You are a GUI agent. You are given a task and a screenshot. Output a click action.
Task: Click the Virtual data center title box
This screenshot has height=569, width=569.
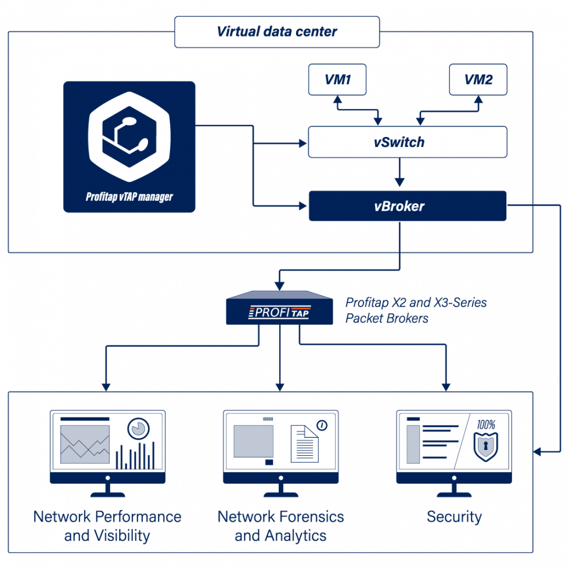tap(277, 31)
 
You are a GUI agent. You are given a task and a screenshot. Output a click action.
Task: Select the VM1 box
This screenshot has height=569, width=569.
tap(337, 80)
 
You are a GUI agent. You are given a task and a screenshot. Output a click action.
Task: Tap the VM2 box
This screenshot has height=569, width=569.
tap(478, 80)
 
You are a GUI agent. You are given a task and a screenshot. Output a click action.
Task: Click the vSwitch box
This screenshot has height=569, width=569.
tap(407, 142)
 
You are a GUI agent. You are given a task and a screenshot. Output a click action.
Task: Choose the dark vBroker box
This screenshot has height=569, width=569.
tap(407, 206)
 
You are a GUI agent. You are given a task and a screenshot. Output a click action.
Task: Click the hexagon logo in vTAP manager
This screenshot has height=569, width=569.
tap(129, 137)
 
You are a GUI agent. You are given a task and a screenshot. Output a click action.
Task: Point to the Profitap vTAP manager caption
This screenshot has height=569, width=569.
tap(129, 197)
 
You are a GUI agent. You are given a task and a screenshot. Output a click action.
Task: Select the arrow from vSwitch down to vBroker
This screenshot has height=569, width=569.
tap(399, 173)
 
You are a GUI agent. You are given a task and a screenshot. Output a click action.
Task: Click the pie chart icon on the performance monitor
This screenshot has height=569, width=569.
tap(138, 428)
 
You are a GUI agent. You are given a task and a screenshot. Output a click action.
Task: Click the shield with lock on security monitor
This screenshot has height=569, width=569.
tap(486, 446)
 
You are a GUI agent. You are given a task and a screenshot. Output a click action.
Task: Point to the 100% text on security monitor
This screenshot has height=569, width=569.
tap(486, 424)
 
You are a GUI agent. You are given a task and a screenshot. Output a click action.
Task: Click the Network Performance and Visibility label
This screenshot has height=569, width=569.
tap(107, 525)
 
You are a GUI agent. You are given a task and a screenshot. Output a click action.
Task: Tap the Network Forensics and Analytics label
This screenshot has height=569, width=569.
tap(280, 525)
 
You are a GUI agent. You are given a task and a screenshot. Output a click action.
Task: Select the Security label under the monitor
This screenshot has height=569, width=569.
tap(454, 517)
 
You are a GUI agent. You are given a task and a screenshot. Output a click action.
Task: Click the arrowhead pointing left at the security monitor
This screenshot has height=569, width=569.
tap(538, 451)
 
